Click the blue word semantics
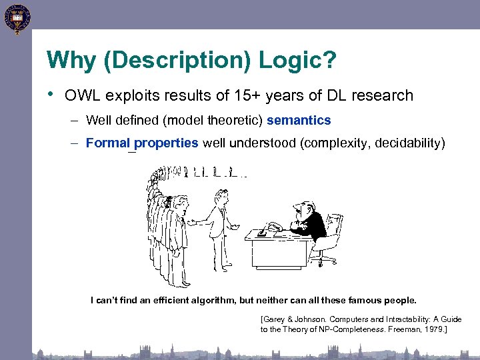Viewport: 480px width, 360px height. point(299,121)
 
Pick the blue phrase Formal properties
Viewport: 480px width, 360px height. point(142,143)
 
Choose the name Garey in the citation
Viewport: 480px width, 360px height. point(275,320)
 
